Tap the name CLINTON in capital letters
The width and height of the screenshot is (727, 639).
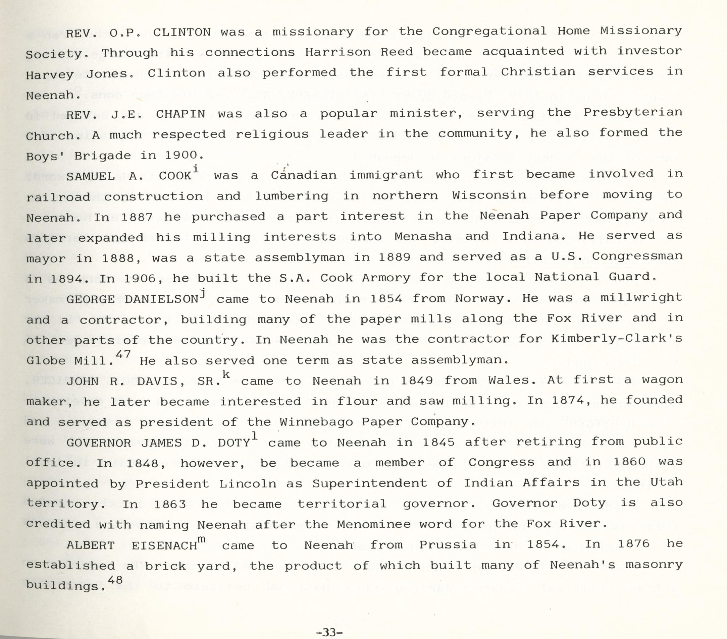point(182,32)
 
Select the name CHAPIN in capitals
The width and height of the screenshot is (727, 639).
point(180,114)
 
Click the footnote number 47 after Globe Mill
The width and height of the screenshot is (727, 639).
point(123,354)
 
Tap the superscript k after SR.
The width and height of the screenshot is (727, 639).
point(226,374)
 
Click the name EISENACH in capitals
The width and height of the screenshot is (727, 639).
point(164,545)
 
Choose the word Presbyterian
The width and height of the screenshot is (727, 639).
point(633,112)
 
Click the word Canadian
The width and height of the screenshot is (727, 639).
point(303,175)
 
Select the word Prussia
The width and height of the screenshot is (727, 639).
point(448,545)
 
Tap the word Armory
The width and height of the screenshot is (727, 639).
point(386,278)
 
